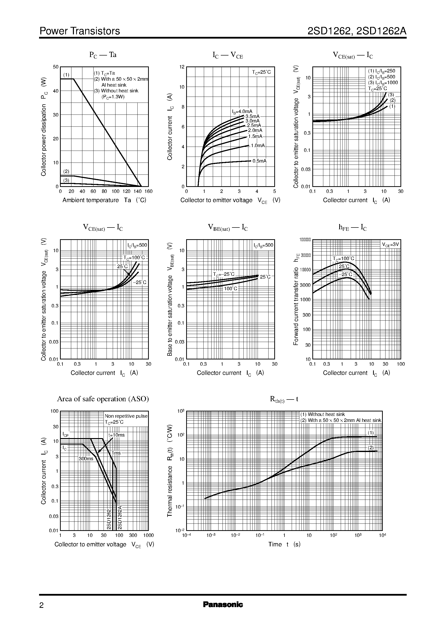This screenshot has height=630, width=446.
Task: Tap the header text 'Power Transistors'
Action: (x=80, y=31)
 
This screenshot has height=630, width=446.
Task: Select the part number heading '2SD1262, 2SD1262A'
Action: (x=357, y=31)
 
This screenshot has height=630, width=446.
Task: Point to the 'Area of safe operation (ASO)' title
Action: (x=103, y=399)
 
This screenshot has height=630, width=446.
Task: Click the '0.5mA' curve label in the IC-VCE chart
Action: (x=259, y=161)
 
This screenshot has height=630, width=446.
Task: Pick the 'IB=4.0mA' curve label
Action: (x=242, y=112)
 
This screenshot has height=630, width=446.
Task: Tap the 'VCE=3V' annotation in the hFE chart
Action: (x=390, y=244)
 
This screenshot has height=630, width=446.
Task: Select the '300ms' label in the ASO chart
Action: (x=86, y=459)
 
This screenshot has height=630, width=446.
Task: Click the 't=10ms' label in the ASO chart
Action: (x=116, y=435)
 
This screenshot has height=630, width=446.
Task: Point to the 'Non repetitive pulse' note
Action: (x=126, y=416)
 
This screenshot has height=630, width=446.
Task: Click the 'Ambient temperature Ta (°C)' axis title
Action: (x=104, y=200)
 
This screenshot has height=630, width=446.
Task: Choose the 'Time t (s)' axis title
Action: (x=284, y=544)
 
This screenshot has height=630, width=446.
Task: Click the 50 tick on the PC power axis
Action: (x=56, y=67)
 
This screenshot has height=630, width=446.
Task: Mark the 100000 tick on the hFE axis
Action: (x=305, y=240)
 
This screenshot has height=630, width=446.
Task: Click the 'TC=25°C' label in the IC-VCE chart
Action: (x=261, y=72)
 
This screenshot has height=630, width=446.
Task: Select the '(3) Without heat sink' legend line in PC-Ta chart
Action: (x=116, y=91)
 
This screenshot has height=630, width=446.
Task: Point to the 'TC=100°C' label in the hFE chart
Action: (x=343, y=259)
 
